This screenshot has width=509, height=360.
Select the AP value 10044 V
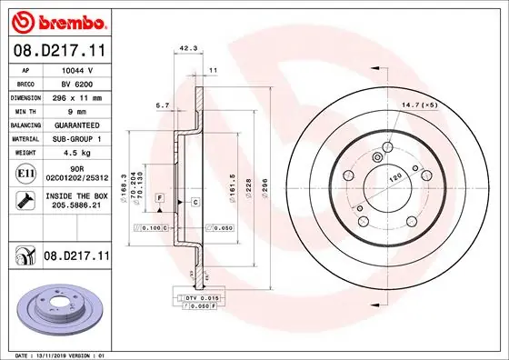point(77,69)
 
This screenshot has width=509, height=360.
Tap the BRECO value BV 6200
point(77,83)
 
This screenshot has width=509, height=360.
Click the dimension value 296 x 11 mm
point(77,96)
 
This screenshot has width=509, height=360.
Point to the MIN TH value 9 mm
point(77,110)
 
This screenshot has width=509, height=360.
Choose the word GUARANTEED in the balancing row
point(77,125)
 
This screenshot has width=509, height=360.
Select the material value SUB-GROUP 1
point(77,138)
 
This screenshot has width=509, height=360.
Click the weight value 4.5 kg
point(77,152)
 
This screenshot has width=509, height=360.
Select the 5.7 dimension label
point(162,106)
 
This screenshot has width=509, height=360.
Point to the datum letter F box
point(159,197)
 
